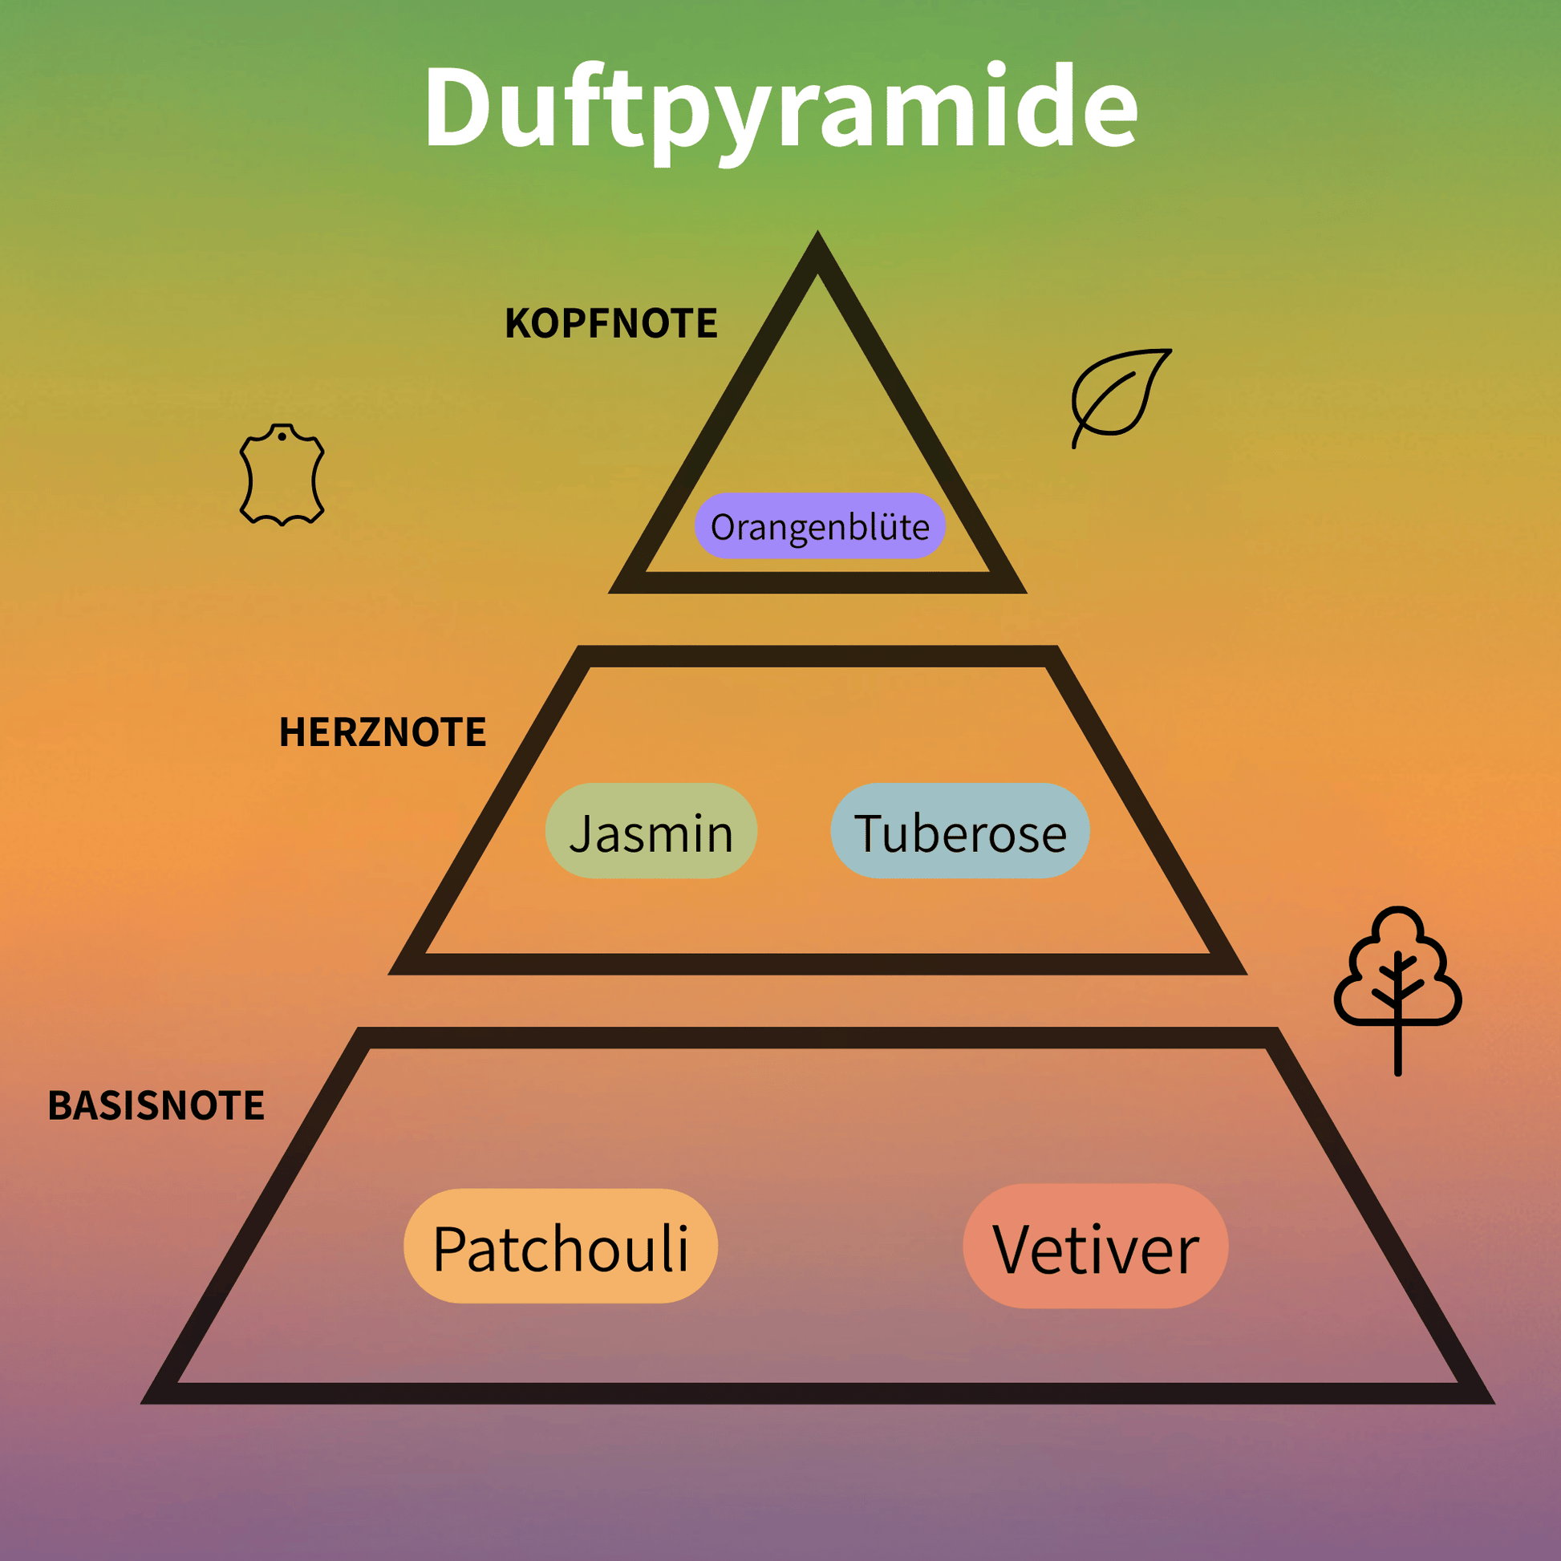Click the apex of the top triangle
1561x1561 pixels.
pyautogui.click(x=817, y=232)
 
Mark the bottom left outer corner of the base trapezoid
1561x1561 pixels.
pyautogui.click(x=141, y=1404)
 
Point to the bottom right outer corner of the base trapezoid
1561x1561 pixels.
pyautogui.click(x=1494, y=1404)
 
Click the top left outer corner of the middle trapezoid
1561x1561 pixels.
pyautogui.click(x=579, y=647)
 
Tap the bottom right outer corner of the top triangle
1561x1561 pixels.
pyautogui.click(x=1026, y=592)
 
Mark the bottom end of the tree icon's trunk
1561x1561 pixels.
pyautogui.click(x=1398, y=1074)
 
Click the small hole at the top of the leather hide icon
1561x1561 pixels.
pyautogui.click(x=282, y=437)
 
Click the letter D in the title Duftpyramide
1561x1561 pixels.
pyautogui.click(x=457, y=107)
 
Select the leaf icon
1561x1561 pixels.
pyautogui.click(x=1121, y=398)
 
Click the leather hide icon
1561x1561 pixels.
pyautogui.click(x=282, y=474)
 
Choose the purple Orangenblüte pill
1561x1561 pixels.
pyautogui.click(x=820, y=526)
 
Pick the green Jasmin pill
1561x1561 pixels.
pyautogui.click(x=651, y=830)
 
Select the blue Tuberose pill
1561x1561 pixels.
pyautogui.click(x=960, y=830)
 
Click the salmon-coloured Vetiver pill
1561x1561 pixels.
pyautogui.click(x=1096, y=1246)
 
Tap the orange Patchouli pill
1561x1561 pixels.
pyautogui.click(x=561, y=1246)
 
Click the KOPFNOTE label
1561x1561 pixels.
pyautogui.click(x=610, y=323)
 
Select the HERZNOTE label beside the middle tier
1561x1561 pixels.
pyautogui.click(x=382, y=732)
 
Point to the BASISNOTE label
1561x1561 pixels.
pyautogui.click(x=156, y=1105)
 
